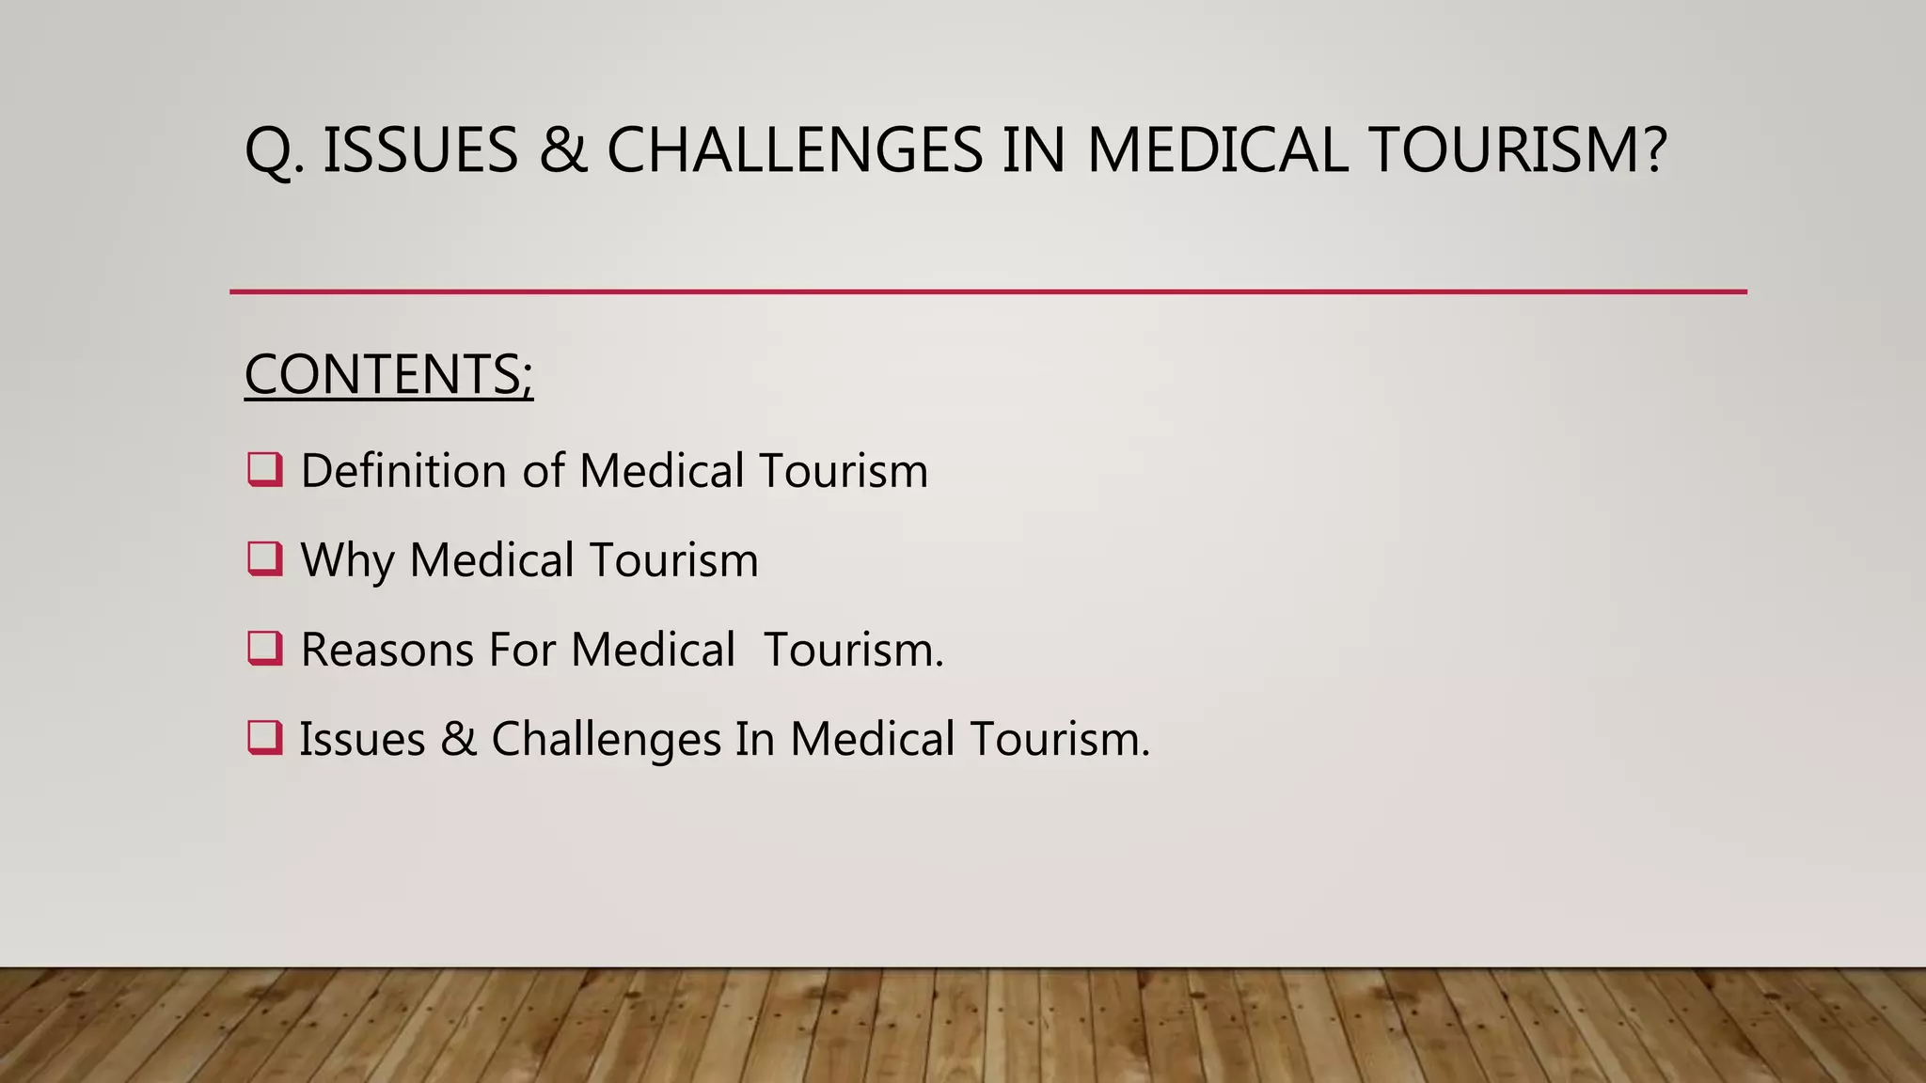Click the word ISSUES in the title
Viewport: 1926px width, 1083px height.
click(420, 150)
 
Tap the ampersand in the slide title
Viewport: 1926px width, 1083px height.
click(563, 150)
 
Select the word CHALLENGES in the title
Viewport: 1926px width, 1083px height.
click(795, 150)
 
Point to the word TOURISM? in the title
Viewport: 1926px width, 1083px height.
click(1518, 150)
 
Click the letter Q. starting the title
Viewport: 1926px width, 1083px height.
click(274, 152)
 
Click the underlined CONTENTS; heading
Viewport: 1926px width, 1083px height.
click(388, 374)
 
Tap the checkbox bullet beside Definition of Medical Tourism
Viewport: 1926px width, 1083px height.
click(265, 469)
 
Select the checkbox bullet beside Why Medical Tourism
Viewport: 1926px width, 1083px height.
click(265, 558)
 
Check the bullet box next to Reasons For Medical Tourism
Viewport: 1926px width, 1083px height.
click(265, 648)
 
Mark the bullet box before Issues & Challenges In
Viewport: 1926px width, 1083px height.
click(265, 737)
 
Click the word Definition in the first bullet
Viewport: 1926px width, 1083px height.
click(403, 470)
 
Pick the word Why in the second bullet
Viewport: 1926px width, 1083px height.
click(346, 561)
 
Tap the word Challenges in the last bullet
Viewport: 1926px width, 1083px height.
click(606, 740)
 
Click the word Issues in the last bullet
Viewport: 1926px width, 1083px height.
click(362, 739)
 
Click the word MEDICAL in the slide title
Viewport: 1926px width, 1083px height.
click(1217, 150)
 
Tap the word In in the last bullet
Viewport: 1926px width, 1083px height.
click(753, 739)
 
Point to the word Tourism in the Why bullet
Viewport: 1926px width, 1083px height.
click(673, 560)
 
